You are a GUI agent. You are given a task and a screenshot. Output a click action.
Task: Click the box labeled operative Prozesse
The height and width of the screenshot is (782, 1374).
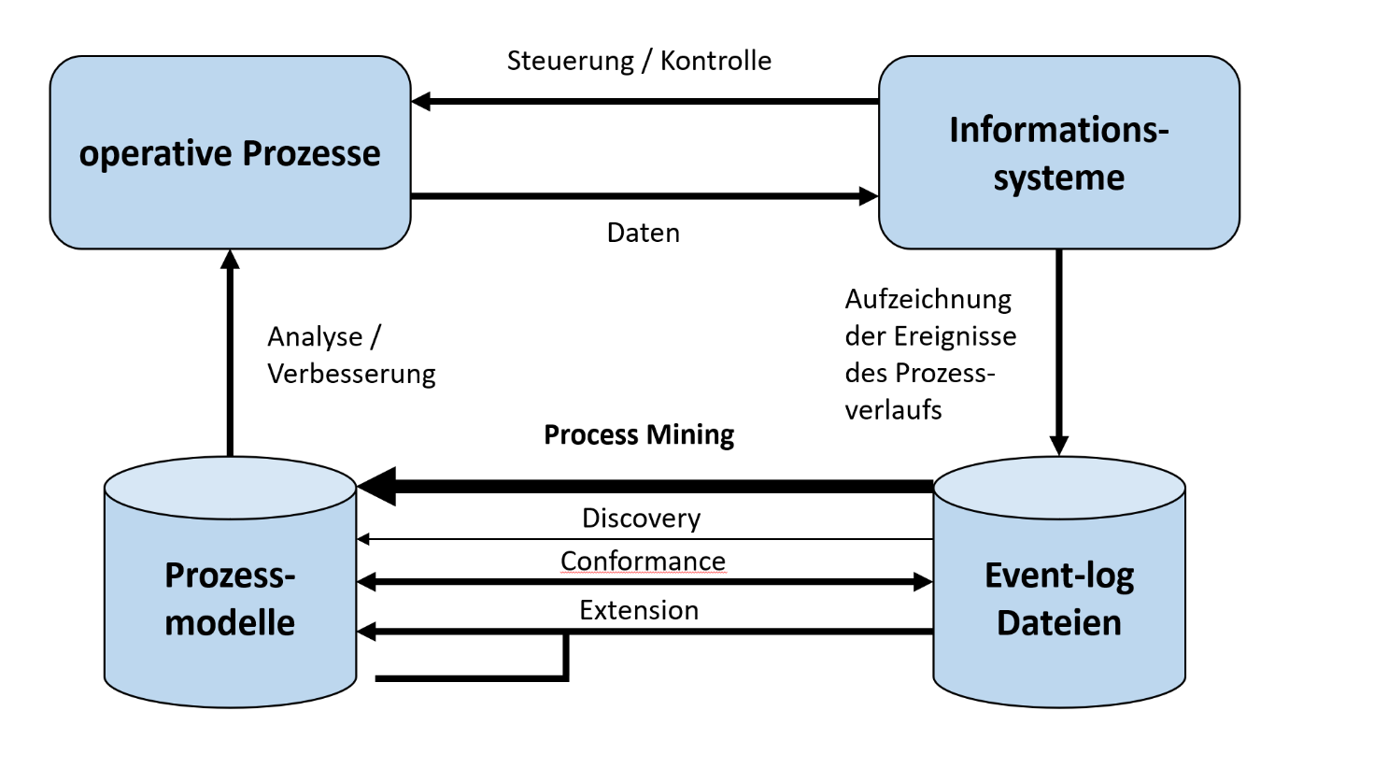pos(230,153)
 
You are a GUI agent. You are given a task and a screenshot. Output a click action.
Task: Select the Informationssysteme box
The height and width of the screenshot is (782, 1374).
pos(1058,153)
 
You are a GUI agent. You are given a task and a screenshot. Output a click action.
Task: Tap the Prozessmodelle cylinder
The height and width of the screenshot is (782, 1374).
pos(230,598)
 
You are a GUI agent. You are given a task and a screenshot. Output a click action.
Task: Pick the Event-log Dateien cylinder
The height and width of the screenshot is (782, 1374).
pos(1058,598)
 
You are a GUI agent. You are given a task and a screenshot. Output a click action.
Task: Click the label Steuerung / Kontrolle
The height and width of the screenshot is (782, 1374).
pos(639,61)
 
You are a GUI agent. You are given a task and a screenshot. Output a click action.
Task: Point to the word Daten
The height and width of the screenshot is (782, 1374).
pos(643,233)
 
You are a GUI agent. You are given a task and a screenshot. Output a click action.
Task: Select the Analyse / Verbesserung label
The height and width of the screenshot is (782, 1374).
pos(350,355)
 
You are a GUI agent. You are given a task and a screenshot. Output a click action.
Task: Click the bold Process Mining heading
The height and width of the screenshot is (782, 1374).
pos(639,434)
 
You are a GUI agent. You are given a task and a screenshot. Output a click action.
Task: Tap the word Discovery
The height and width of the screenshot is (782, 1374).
pos(641,518)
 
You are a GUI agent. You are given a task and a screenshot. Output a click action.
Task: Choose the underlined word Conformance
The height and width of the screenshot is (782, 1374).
pos(643,561)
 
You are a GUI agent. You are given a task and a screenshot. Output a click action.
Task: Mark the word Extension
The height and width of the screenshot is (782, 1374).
pos(639,610)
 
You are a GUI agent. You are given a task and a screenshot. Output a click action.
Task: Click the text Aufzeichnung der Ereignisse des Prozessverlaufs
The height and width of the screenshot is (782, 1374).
pos(929,354)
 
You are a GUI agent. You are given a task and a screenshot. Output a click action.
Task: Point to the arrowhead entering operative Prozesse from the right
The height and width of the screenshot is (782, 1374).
pos(421,101)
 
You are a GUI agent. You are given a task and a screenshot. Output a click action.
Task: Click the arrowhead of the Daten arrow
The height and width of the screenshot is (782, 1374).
pos(869,196)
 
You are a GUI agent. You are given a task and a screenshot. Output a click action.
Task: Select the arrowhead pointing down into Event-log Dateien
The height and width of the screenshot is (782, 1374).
pos(1058,446)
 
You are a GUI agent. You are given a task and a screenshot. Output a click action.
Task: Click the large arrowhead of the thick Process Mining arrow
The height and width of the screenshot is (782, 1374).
pos(378,486)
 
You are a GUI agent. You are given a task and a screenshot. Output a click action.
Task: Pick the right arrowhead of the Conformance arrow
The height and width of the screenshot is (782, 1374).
pos(923,582)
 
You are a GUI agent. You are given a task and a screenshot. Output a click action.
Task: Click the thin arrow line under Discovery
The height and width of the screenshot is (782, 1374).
pos(645,539)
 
